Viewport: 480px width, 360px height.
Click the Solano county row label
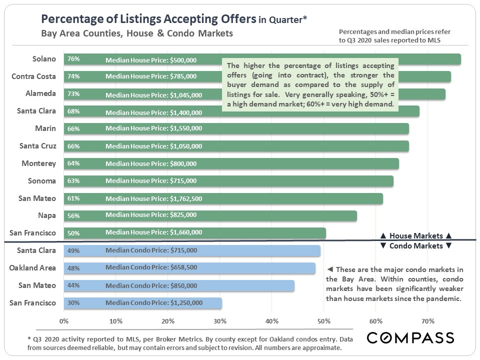point(44,59)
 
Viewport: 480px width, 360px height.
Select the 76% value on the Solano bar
point(73,59)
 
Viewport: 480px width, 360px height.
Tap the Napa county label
point(46,215)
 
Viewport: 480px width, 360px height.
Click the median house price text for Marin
point(153,128)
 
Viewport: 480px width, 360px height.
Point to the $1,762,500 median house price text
point(153,198)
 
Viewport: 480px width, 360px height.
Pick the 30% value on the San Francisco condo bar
point(73,303)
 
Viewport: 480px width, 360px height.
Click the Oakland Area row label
point(32,267)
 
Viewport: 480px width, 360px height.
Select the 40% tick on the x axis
point(271,321)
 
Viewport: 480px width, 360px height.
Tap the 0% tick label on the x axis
point(64,321)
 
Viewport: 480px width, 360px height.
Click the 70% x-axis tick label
point(427,321)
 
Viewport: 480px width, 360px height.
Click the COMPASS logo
point(410,337)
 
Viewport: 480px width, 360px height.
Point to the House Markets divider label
point(416,235)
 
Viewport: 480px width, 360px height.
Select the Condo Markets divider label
point(416,245)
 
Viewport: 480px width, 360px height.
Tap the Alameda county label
point(40,93)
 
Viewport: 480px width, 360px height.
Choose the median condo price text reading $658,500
point(151,267)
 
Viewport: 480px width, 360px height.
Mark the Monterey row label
point(38,163)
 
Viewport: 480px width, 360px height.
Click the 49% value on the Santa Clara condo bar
point(73,250)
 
